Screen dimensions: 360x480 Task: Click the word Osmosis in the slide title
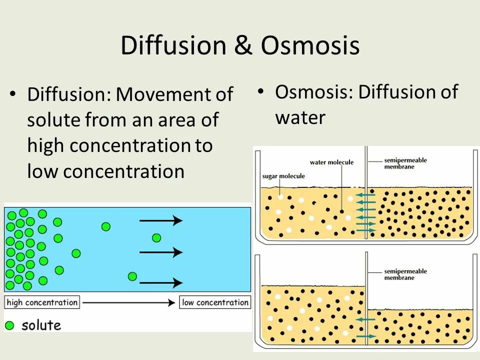click(309, 46)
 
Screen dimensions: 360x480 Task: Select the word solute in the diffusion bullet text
click(54, 120)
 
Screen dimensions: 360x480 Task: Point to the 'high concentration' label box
click(42, 302)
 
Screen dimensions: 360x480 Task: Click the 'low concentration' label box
click(215, 302)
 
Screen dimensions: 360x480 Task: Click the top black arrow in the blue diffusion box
click(160, 220)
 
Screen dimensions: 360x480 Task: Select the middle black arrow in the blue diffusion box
click(160, 252)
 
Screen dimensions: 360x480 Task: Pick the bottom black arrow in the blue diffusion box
click(160, 282)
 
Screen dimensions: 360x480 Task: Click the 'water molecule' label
click(331, 162)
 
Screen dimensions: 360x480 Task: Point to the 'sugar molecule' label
click(283, 176)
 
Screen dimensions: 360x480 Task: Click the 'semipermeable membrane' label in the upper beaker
click(405, 163)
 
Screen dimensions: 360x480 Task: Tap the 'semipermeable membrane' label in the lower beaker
click(405, 274)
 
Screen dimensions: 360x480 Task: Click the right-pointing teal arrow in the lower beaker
click(366, 336)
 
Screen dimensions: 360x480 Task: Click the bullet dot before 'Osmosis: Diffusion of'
click(260, 91)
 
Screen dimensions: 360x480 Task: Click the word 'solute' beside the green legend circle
click(41, 325)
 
